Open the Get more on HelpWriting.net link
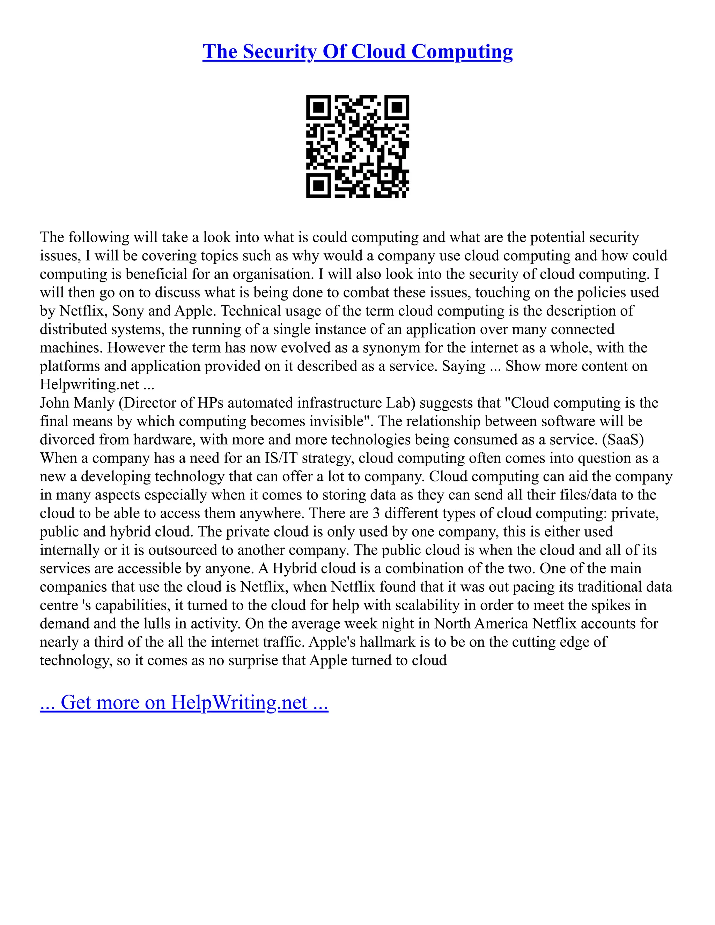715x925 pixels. tap(184, 703)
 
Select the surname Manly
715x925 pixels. tap(95, 403)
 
